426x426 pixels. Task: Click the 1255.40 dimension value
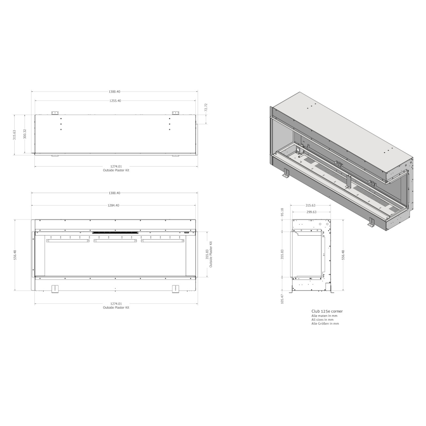115,101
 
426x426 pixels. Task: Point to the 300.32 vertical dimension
25,134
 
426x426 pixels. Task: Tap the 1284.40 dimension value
113,205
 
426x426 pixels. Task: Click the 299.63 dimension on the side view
311,212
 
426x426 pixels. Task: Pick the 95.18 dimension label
282,212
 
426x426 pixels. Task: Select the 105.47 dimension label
282,299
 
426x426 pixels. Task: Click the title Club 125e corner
327,311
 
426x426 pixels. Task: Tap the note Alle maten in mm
324,316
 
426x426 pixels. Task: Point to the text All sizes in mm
322,320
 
